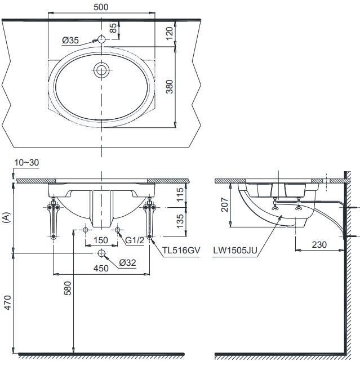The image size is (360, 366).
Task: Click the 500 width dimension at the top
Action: click(x=101, y=7)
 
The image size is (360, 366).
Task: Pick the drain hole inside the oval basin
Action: click(x=102, y=70)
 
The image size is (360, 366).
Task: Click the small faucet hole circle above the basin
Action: click(x=101, y=39)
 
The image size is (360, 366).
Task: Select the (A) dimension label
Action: click(x=6, y=216)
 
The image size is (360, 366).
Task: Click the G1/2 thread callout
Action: click(x=135, y=240)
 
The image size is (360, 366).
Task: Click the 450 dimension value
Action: click(x=101, y=269)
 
